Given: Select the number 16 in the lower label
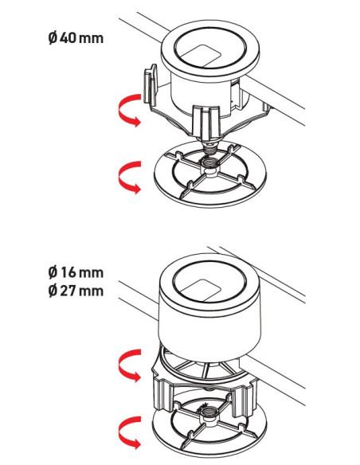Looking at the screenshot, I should [67, 274].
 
